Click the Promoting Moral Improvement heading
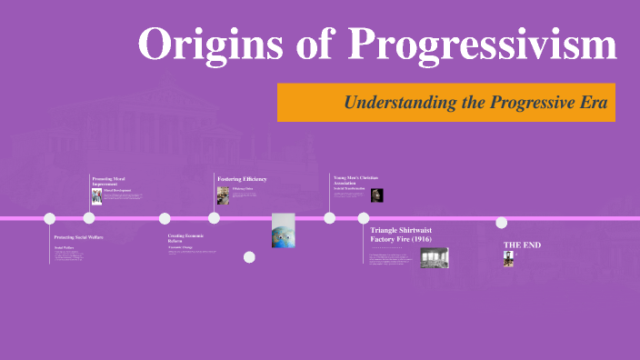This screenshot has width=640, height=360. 109,180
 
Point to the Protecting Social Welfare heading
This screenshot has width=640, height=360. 81,236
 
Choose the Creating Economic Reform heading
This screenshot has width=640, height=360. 186,238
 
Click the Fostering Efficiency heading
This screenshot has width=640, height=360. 242,178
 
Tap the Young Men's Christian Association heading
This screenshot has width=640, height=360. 355,179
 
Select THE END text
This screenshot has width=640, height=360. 522,245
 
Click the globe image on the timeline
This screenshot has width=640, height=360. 285,230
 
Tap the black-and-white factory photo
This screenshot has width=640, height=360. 434,258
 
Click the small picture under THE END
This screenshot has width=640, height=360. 508,259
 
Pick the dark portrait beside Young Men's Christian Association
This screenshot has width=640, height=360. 376,195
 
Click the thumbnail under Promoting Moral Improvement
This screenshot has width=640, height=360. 96,196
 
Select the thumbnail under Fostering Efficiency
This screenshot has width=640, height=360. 223,195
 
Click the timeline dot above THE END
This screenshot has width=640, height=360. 501,223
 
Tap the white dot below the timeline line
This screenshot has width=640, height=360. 249,257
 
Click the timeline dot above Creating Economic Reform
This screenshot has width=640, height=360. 165,218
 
